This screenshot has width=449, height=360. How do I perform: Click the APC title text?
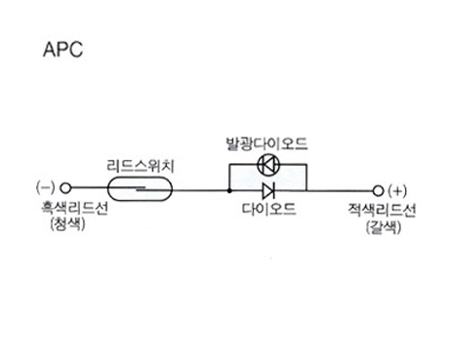tap(63, 50)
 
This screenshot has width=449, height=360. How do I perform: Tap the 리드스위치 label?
tap(141, 166)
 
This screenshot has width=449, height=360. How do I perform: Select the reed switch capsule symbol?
tap(140, 188)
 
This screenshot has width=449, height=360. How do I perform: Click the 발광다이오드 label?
tap(266, 143)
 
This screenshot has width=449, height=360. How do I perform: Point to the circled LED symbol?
tap(268, 165)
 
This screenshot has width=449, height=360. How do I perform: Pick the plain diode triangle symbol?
tap(268, 190)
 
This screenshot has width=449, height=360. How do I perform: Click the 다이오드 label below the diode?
tap(268, 209)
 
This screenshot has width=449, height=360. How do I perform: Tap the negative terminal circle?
tap(65, 187)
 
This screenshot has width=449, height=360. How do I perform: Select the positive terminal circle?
tap(378, 191)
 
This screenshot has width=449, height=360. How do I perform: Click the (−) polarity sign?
tap(46, 187)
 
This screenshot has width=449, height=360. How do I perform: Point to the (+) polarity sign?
tap(397, 191)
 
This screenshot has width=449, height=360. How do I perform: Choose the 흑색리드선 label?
tap(74, 208)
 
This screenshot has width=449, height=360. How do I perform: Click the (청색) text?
tap(68, 224)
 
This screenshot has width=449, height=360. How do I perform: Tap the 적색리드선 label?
tap(382, 210)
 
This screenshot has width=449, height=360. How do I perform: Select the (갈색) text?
tap(384, 227)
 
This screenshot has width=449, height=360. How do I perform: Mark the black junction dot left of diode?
tap(229, 190)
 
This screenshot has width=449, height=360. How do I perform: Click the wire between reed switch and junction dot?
tap(200, 190)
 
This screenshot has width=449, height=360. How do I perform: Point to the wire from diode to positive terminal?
tap(340, 191)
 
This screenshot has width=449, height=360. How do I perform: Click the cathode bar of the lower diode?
tap(274, 190)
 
